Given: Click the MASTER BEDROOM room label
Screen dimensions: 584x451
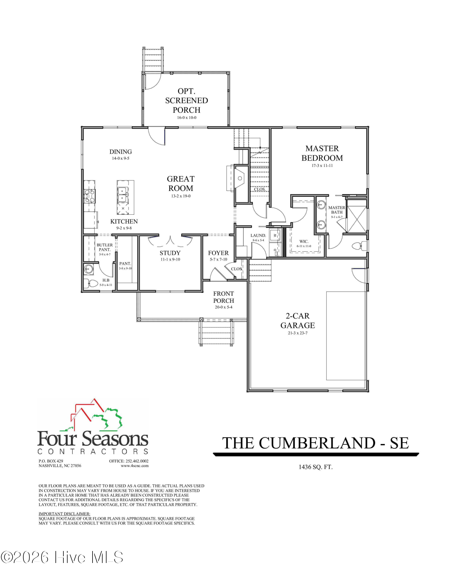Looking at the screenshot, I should pos(322,153).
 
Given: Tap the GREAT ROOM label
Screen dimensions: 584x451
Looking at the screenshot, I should pos(181,183).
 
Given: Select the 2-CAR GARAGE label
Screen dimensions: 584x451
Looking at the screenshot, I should pos(297,321).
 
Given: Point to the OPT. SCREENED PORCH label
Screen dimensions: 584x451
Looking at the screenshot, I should pos(187,100).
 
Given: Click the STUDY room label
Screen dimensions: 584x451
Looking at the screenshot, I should pos(170,253).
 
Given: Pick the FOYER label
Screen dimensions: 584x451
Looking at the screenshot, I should pos(218,253).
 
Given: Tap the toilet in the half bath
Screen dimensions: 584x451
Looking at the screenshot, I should pos(92,283).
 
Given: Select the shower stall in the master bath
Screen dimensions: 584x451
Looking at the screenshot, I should pos(356,216).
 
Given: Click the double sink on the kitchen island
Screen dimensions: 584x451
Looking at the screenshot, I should pos(122,195).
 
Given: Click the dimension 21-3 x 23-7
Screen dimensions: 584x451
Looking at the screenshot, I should pos(297,333).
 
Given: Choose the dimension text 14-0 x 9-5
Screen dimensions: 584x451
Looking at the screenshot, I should pos(121,158).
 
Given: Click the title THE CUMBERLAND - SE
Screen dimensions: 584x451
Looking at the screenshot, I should pos(315,443).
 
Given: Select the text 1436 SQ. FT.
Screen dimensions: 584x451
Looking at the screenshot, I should pos(315,467).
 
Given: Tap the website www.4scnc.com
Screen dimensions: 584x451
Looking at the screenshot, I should pos(135,466).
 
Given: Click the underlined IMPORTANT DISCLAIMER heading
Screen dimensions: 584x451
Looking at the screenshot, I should pos(65,514).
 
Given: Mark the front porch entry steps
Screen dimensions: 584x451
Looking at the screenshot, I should pos(216,333).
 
